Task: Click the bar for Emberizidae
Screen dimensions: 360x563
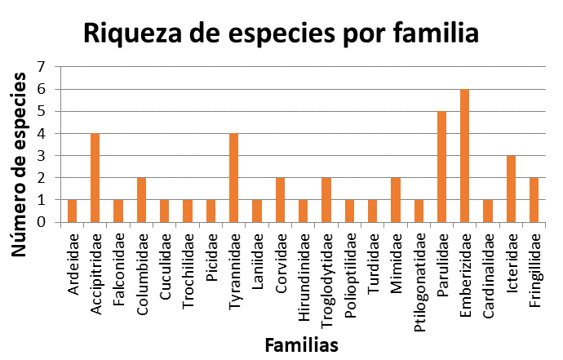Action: (465, 156)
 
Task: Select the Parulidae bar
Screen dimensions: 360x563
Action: (441, 167)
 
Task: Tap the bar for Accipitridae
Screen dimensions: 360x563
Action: (95, 178)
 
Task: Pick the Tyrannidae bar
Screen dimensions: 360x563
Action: (233, 178)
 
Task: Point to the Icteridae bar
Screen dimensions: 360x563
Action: (511, 189)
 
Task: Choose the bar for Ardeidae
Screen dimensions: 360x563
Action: (72, 211)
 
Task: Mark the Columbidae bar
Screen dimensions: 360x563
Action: (141, 200)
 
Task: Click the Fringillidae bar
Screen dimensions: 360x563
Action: (534, 200)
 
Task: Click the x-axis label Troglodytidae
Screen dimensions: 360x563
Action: (326, 270)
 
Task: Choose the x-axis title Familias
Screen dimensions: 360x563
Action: (301, 344)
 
